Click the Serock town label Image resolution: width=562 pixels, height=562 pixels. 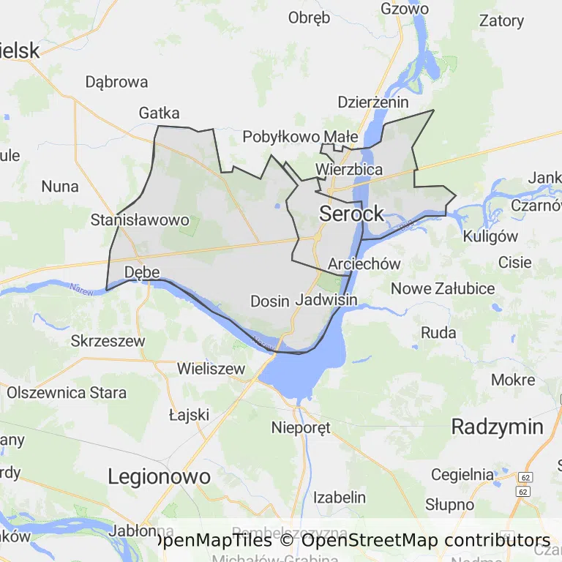tap(351, 214)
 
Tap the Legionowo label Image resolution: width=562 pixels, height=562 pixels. tap(159, 477)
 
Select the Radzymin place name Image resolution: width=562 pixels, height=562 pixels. tap(497, 427)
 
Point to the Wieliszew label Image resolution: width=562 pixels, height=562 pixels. tap(211, 369)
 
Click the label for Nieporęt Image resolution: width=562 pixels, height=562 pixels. tap(301, 427)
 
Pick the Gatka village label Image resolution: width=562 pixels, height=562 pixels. tap(159, 113)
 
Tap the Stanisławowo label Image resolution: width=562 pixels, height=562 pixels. tap(140, 220)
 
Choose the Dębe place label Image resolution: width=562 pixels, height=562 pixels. tap(142, 272)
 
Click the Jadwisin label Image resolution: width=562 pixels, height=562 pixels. tap(326, 300)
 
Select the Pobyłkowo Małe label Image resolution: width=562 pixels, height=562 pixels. tap(300, 136)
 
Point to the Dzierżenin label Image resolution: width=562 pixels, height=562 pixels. tap(373, 102)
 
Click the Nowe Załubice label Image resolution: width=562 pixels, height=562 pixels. tap(443, 288)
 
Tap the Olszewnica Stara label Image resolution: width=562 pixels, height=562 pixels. tap(67, 392)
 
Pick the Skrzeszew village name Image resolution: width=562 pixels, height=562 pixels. tap(108, 341)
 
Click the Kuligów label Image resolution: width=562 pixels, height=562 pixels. tap(490, 236)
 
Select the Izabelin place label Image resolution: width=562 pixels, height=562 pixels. tap(340, 498)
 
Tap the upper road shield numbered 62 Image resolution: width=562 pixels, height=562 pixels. tap(525, 477)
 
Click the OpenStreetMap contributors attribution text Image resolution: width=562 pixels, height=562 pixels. tap(426, 541)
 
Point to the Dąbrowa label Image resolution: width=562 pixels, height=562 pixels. tap(116, 82)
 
